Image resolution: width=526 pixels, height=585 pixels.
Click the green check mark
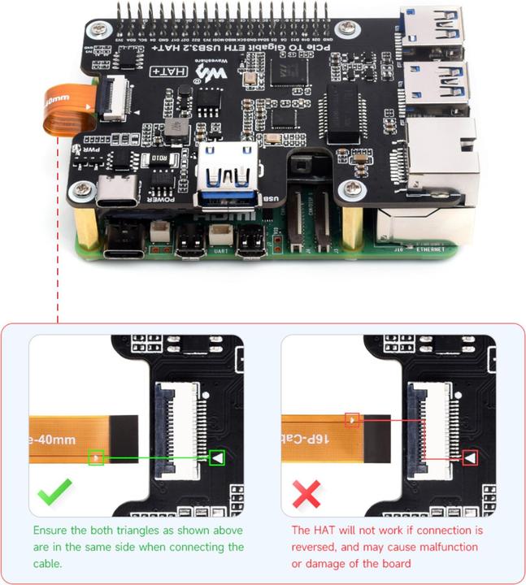[x=54, y=489]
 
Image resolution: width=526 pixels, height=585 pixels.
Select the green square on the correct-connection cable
[x=97, y=459]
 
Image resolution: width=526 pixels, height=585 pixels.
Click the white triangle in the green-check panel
[x=216, y=459]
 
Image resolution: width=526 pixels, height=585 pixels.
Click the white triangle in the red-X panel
[x=469, y=459]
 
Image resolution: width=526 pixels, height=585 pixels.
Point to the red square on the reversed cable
[x=352, y=420]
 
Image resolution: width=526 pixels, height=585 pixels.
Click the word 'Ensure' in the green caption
[x=51, y=531]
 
